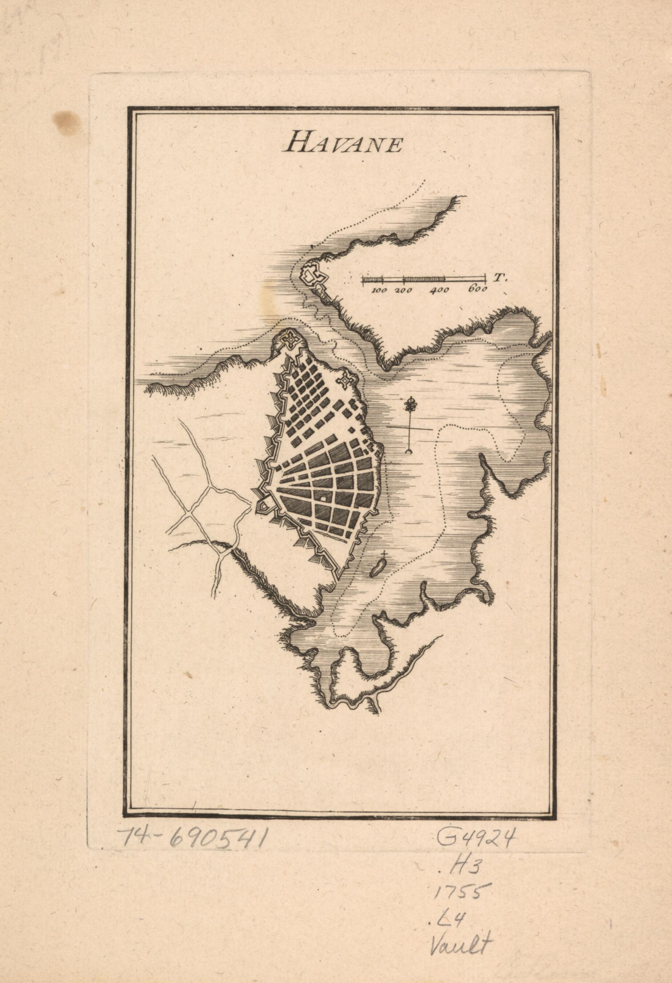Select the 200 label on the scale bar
point(404,290)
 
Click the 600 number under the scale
point(477,290)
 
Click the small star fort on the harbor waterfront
point(347,381)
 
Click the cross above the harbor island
point(384,554)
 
